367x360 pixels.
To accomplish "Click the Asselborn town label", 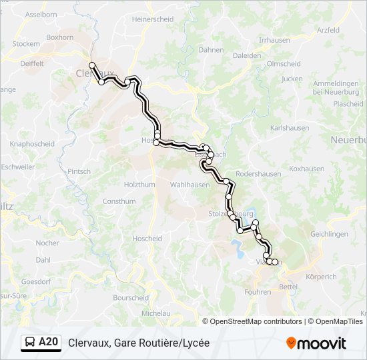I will point(41,14).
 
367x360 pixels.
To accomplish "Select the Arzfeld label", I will point(328,31).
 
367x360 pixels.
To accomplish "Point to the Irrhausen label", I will point(274,40).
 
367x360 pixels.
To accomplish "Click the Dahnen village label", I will point(211,50).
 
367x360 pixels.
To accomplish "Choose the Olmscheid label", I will point(284,64).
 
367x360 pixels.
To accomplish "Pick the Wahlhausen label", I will point(190,184).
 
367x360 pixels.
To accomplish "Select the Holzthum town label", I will point(139,184).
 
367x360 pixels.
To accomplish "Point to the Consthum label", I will point(119,201).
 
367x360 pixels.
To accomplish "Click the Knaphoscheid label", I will point(32,144).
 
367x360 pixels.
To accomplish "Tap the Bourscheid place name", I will point(130,298).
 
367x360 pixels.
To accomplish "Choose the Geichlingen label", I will point(329,235).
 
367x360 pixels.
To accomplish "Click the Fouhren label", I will point(258,292).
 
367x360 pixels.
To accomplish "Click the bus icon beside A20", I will point(30,343).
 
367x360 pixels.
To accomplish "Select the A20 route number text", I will point(49,343).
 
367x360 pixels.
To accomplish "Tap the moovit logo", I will point(316,343).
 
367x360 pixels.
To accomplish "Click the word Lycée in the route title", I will point(195,343).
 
